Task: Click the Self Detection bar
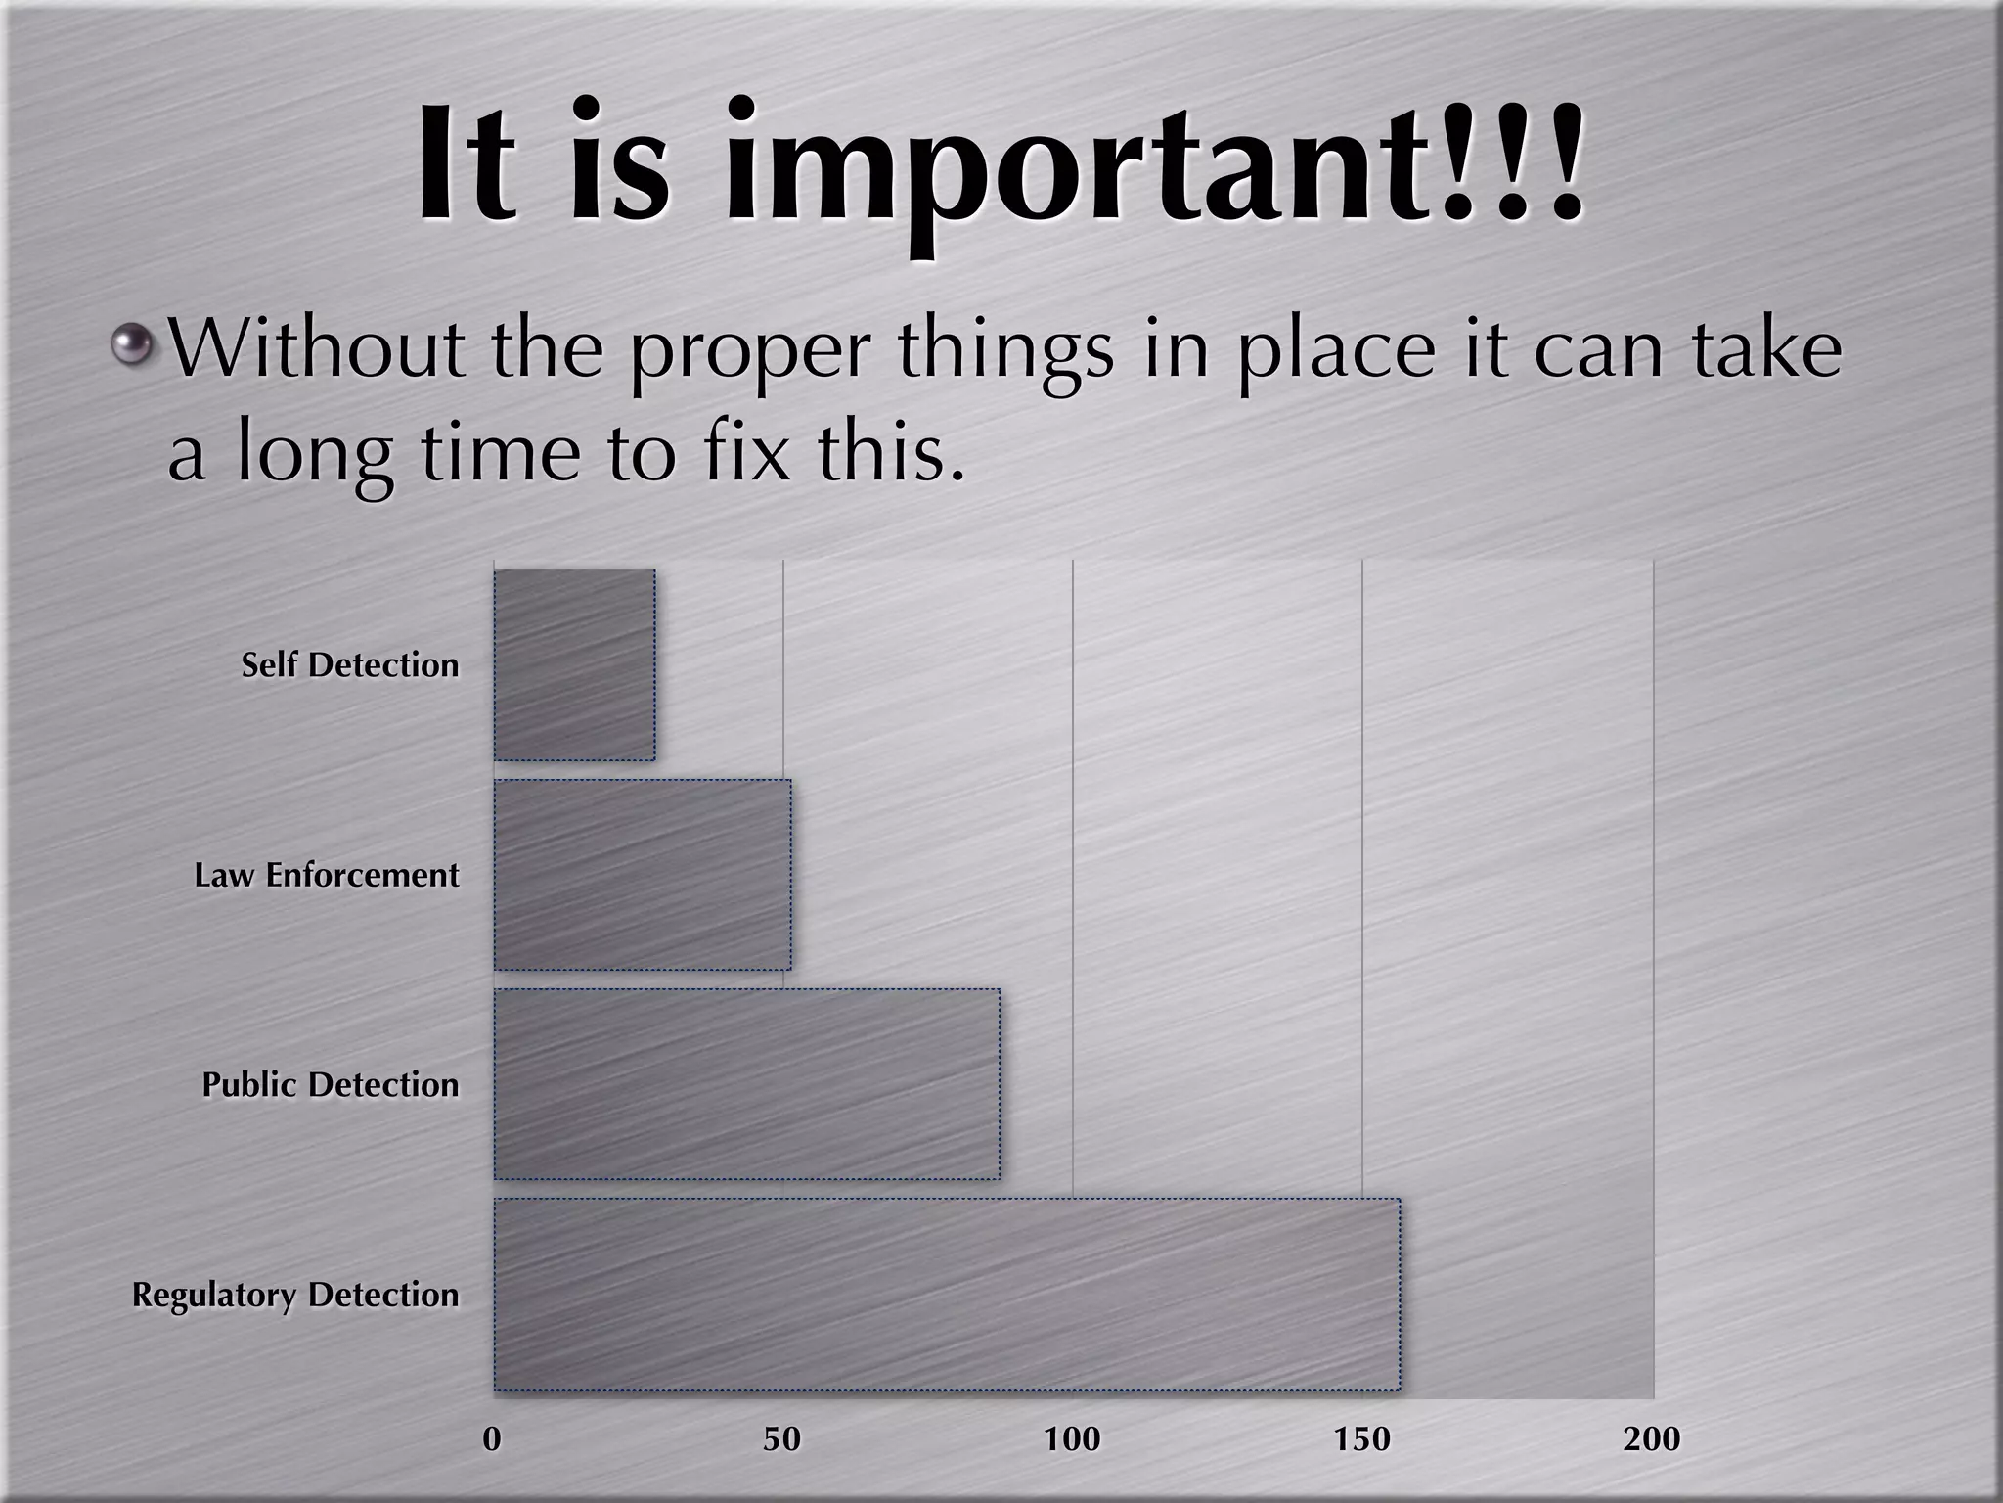click(575, 665)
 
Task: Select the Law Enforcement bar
click(643, 875)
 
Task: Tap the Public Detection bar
click(747, 1084)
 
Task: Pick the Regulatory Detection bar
click(947, 1295)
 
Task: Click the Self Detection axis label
click(350, 665)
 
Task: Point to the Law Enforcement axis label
click(327, 875)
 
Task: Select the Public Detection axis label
click(331, 1085)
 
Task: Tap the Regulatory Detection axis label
click(295, 1296)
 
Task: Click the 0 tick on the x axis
click(493, 1438)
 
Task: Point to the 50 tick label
click(782, 1438)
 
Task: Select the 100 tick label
click(1072, 1438)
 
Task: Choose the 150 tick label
click(1362, 1438)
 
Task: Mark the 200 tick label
click(1652, 1438)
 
